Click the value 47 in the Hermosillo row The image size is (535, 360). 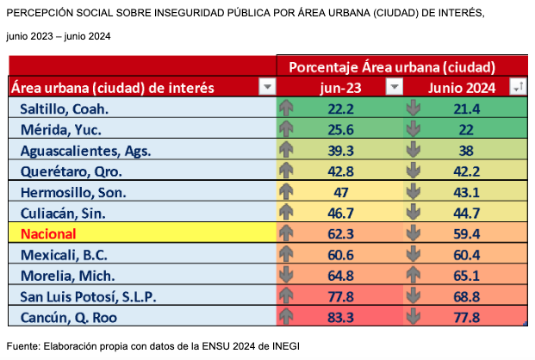click(x=341, y=191)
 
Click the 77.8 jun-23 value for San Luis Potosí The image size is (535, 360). click(x=341, y=296)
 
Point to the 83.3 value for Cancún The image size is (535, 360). click(x=341, y=318)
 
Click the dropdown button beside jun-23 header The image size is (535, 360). click(x=394, y=86)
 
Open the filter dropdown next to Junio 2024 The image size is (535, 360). click(x=517, y=86)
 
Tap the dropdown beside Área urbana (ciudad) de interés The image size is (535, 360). click(x=266, y=86)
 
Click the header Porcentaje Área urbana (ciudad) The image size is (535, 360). click(x=391, y=66)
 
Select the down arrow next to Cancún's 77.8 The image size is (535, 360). click(x=413, y=318)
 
